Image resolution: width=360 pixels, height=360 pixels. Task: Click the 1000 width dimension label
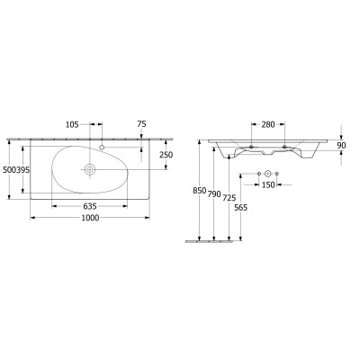(90, 218)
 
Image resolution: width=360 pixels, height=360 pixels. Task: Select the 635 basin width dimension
(90, 206)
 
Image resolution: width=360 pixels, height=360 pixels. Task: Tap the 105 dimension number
(72, 124)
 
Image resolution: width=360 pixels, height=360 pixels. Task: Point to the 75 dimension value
(141, 124)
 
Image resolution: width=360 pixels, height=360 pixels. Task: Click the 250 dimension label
(166, 155)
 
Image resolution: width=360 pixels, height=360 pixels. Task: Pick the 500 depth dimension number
(9, 170)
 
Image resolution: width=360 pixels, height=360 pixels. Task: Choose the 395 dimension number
(22, 170)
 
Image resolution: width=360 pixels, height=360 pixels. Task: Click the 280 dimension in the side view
(268, 124)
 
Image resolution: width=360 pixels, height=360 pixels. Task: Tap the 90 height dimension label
(341, 146)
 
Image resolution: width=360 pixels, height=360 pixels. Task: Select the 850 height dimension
(200, 190)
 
